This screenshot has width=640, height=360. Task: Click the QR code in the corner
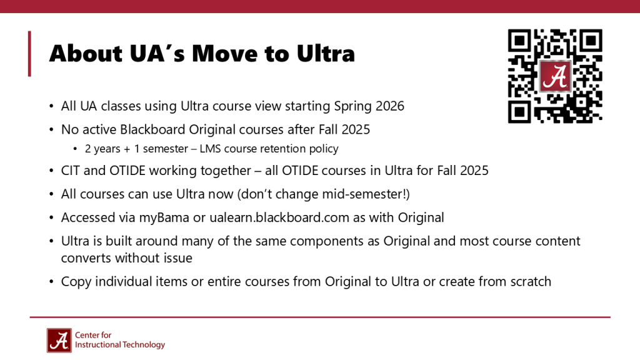555,76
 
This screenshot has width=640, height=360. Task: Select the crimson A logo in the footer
59,340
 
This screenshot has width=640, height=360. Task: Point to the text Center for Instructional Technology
119,340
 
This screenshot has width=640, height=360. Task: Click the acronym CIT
71,170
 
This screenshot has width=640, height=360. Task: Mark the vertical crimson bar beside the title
29,54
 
